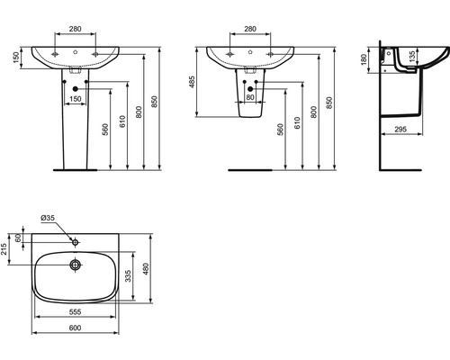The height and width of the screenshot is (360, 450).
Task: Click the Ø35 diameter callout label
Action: (48, 218)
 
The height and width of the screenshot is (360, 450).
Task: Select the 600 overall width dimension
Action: (75, 328)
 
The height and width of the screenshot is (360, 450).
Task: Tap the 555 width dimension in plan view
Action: (75, 312)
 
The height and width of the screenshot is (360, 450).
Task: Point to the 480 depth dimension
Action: (146, 269)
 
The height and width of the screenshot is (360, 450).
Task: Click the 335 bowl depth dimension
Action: (128, 276)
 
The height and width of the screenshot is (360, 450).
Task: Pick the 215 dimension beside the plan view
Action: (4, 249)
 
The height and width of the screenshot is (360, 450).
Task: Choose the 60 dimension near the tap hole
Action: (18, 238)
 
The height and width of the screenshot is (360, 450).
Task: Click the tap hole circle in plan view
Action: (75, 242)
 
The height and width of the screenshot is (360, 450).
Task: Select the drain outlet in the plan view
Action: (75, 265)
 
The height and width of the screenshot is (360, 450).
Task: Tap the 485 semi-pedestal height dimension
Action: (193, 82)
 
